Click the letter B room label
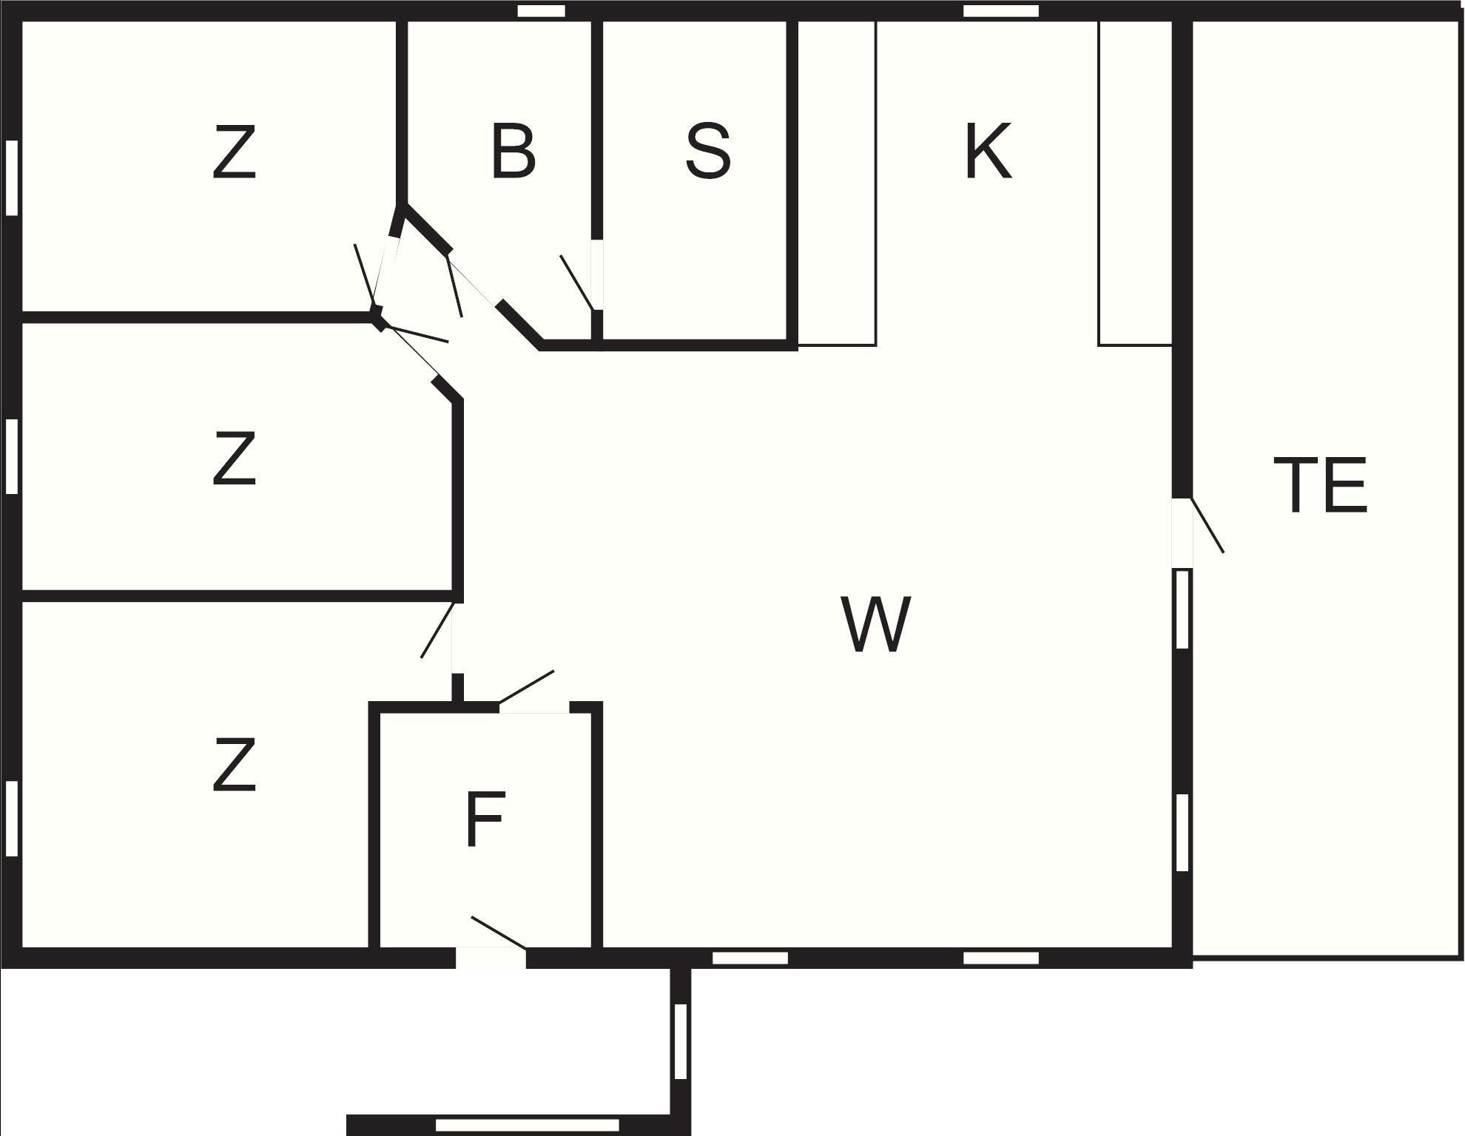(x=513, y=152)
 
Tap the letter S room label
(x=708, y=152)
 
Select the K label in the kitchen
(x=988, y=152)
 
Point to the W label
(x=876, y=625)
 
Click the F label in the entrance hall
(x=486, y=819)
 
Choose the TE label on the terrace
(x=1321, y=485)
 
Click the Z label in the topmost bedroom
(x=235, y=152)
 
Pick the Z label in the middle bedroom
(x=235, y=459)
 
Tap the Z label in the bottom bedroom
(x=235, y=765)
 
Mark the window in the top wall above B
(x=541, y=11)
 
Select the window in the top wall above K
(x=1001, y=11)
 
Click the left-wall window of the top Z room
(x=12, y=177)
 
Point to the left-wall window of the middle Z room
(x=12, y=456)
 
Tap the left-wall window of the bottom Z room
(x=12, y=819)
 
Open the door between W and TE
(x=1182, y=532)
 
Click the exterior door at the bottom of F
(x=491, y=956)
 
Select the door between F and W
(x=534, y=708)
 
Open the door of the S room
(x=596, y=275)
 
